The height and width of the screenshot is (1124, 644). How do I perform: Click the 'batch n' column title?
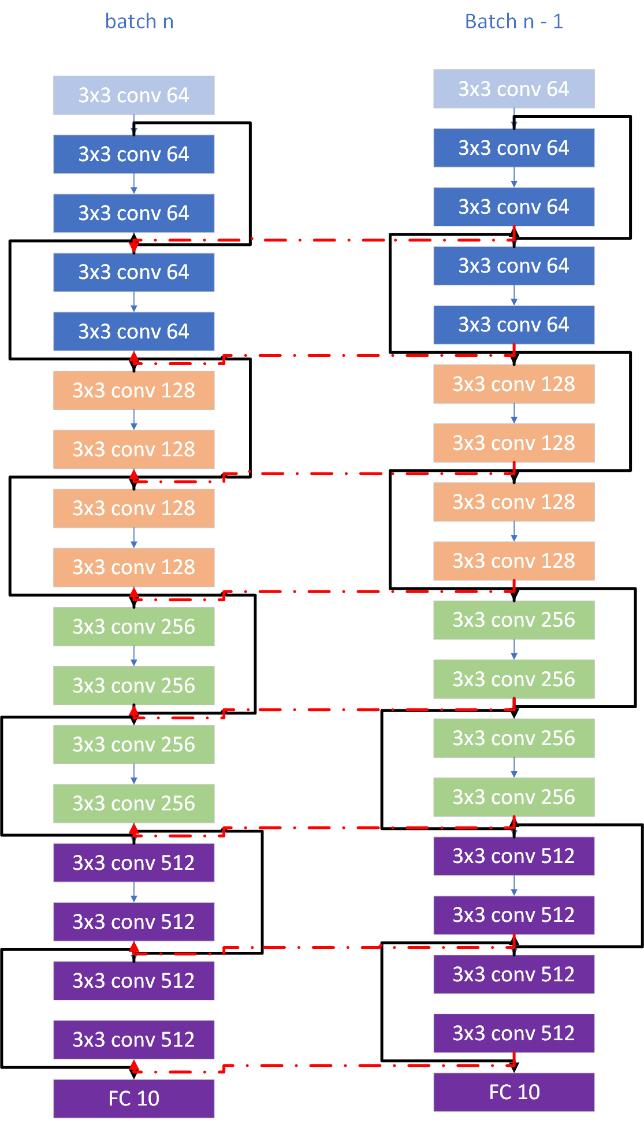tap(139, 22)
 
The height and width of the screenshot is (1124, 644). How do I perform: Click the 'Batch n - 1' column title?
tap(513, 22)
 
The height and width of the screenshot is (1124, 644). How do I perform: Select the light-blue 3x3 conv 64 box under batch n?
tap(133, 95)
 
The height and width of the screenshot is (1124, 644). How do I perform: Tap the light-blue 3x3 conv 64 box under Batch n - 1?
tap(513, 89)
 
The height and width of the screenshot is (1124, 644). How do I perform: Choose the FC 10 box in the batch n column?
tap(133, 1098)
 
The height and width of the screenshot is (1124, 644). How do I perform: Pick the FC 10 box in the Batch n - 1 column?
tap(513, 1092)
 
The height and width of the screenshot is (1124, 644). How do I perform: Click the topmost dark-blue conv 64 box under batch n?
tap(133, 154)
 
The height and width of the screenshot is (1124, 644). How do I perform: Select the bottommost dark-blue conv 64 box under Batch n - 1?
tap(513, 325)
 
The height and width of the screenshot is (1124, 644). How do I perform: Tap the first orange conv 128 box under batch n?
tap(133, 390)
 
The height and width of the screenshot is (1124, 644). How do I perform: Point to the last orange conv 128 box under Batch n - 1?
tap(513, 561)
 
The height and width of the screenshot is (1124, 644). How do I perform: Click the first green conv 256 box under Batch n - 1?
tap(513, 620)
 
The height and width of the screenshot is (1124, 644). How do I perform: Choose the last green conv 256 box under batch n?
tap(133, 803)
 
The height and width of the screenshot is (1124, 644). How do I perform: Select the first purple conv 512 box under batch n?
tap(133, 862)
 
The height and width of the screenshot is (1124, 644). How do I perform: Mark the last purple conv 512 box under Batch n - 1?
tap(513, 1033)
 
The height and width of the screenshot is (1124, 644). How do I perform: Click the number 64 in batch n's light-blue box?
tap(177, 95)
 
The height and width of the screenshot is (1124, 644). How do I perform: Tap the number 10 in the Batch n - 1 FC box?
tap(528, 1092)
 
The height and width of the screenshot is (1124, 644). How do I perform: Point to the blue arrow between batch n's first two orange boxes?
tap(134, 420)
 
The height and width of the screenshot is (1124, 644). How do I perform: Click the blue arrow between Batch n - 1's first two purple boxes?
tap(514, 885)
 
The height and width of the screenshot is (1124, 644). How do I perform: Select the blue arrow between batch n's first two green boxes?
tap(134, 656)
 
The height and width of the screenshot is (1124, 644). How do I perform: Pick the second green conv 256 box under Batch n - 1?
tap(513, 679)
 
